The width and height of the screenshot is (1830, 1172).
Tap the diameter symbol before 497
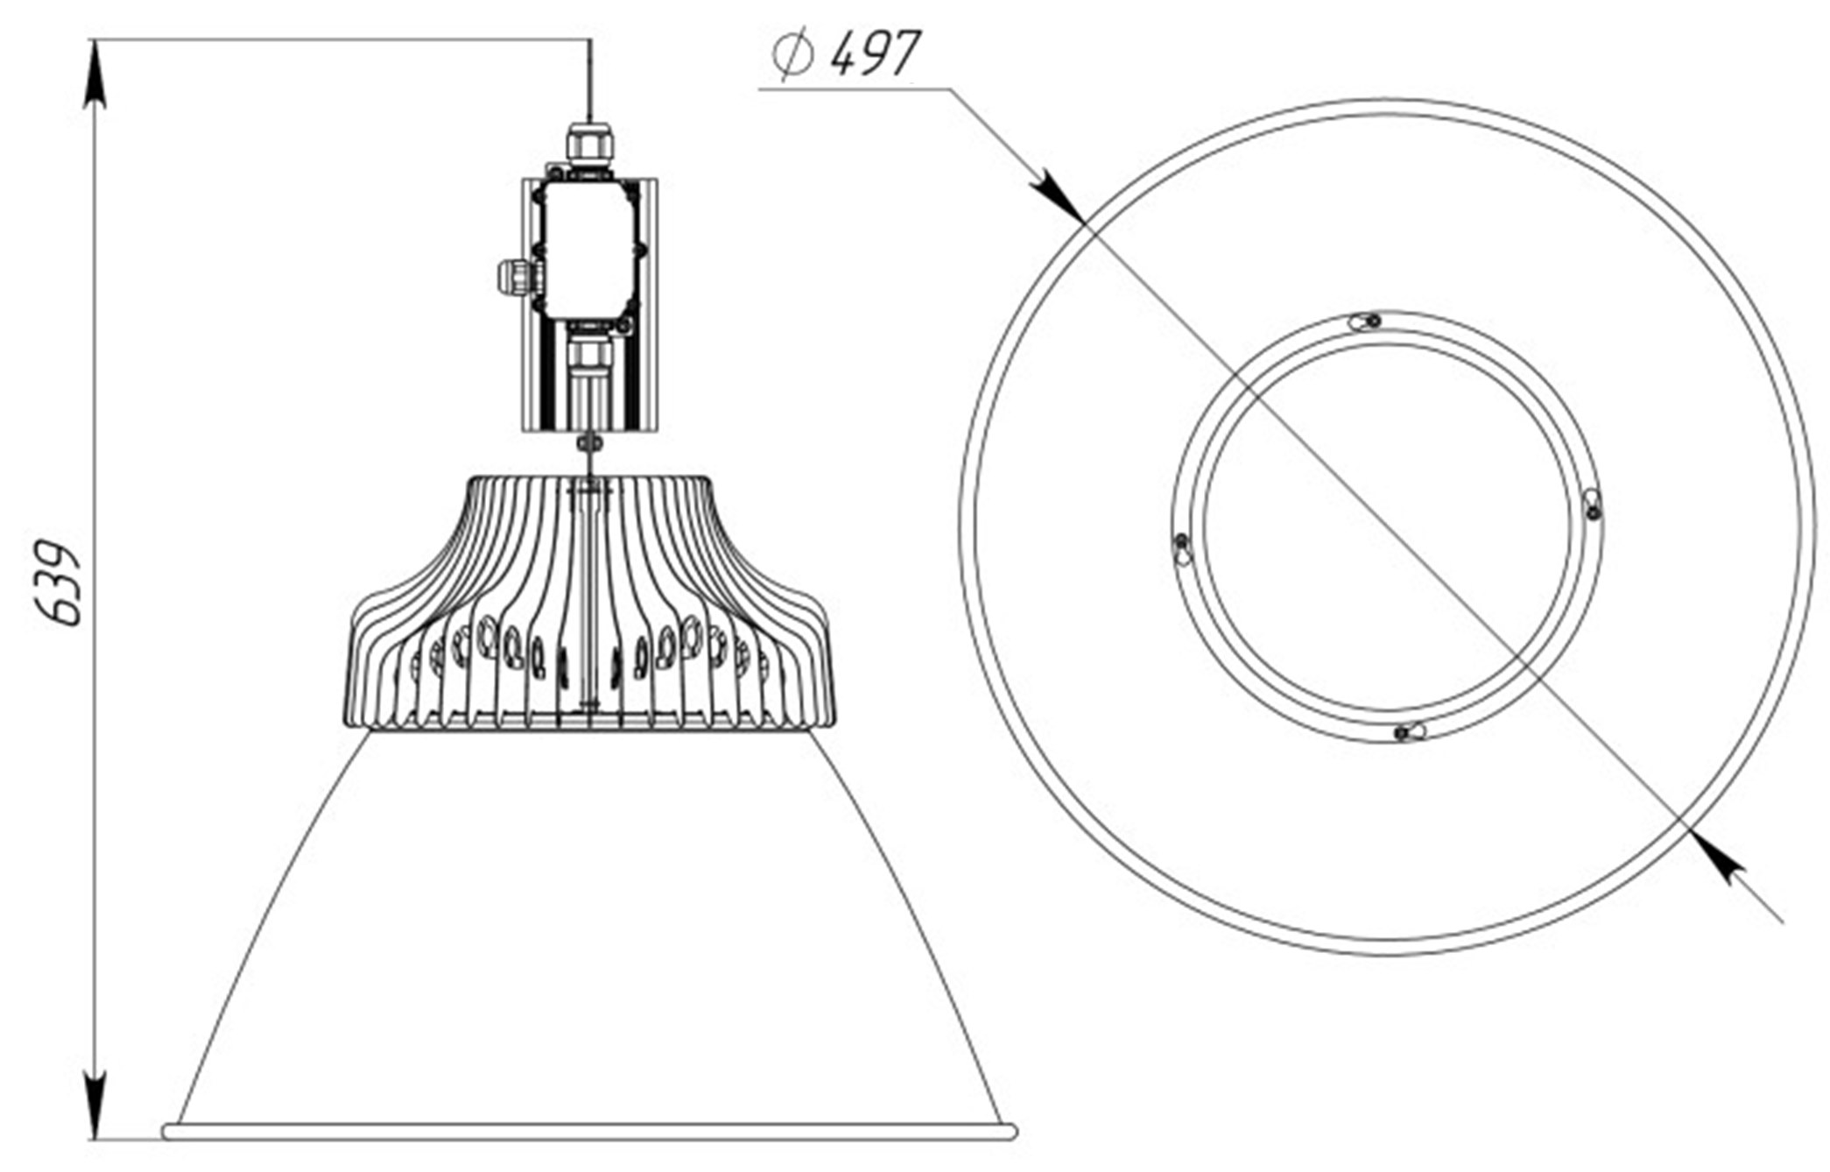(793, 55)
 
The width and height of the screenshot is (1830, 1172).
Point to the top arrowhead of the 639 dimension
(96, 74)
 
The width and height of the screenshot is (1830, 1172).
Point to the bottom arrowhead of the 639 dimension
(96, 1105)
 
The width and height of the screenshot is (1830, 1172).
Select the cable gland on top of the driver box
(589, 145)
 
